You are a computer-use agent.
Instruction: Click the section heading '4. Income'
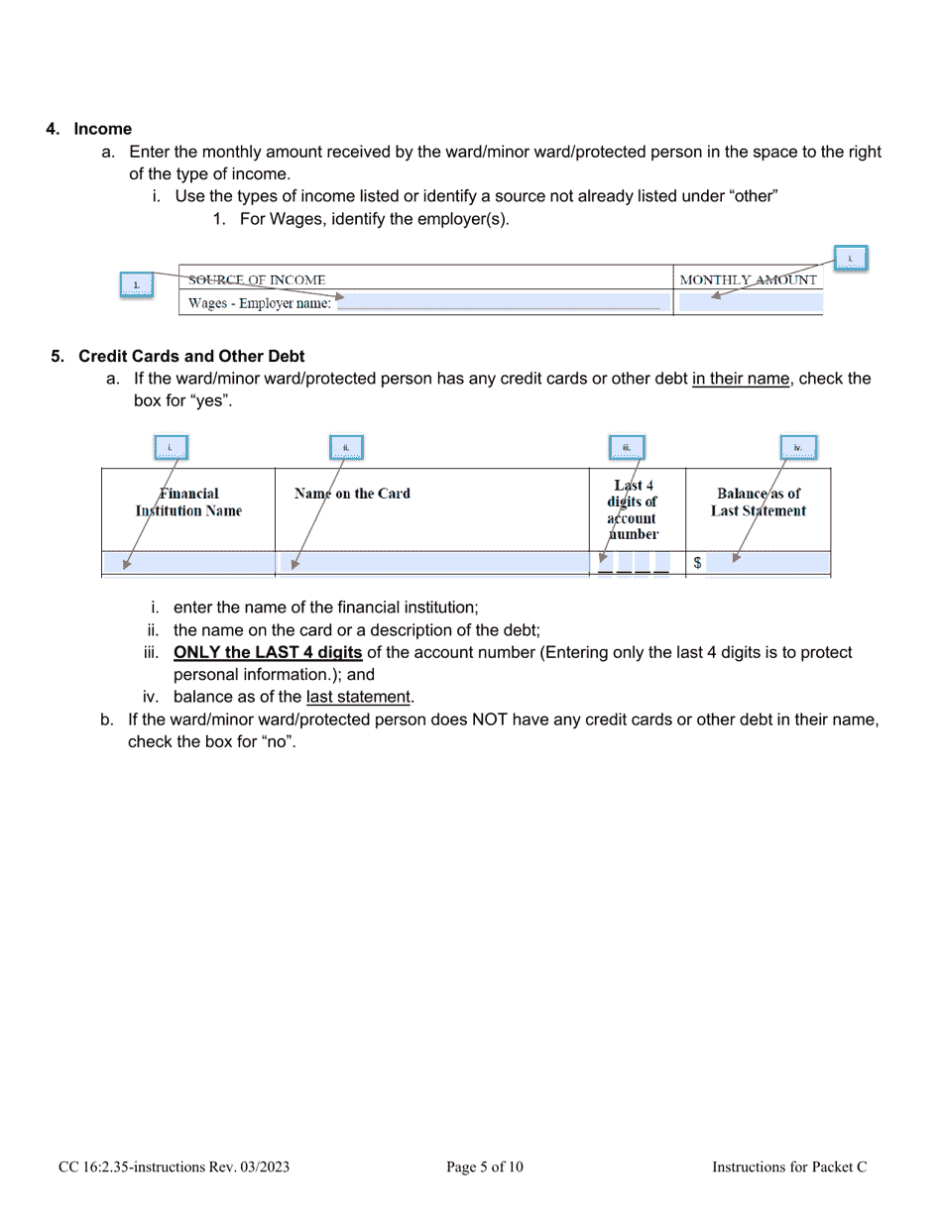point(89,129)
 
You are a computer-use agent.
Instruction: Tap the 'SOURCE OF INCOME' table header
point(257,280)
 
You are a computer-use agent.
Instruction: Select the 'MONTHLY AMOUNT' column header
point(749,280)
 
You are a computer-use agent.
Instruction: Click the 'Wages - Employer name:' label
point(260,304)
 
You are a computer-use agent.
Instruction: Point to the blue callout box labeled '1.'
point(137,286)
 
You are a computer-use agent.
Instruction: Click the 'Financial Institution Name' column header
point(188,502)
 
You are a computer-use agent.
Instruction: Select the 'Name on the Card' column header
point(352,494)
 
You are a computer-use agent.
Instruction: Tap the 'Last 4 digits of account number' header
point(633,509)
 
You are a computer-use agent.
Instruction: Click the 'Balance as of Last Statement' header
point(759,502)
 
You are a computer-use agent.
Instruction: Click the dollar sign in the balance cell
point(698,563)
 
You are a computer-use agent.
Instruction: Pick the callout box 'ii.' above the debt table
point(346,448)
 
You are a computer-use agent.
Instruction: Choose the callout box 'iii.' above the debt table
point(627,448)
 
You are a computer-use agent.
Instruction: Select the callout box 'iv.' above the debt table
point(797,448)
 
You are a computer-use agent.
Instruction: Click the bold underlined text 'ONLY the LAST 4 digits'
point(268,653)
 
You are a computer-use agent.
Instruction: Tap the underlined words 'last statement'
point(358,698)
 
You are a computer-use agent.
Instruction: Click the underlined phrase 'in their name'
point(742,379)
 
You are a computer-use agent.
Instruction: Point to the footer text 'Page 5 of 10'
point(485,1167)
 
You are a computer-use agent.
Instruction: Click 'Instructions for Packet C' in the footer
point(789,1167)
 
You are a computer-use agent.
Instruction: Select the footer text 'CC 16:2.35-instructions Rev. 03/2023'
point(174,1167)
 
